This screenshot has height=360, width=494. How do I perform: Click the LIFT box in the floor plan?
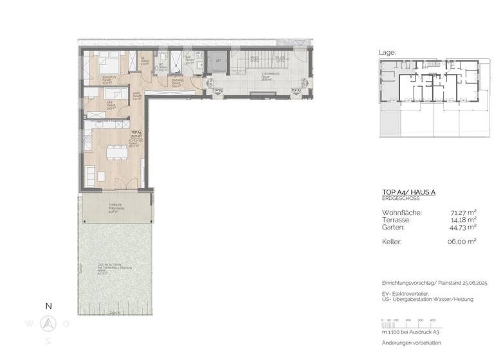(x=219, y=61)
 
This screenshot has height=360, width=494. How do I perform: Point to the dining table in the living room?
(x=116, y=152)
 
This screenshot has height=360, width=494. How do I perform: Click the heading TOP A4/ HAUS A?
(x=410, y=192)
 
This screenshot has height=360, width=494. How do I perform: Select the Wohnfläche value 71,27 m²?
(x=462, y=212)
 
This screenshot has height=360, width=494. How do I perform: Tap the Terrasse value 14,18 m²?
(x=462, y=219)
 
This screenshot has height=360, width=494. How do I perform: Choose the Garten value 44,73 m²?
(x=462, y=227)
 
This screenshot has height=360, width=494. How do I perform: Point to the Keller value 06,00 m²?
(x=462, y=242)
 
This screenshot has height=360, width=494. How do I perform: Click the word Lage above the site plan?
(x=388, y=53)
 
